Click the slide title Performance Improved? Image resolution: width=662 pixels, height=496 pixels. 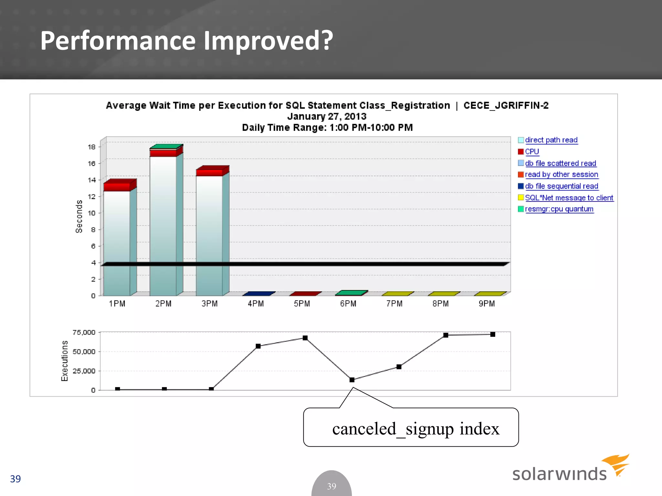click(187, 41)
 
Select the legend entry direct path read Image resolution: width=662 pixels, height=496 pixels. click(551, 140)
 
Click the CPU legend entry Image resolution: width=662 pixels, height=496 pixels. click(532, 151)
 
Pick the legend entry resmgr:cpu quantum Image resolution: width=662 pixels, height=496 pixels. click(559, 209)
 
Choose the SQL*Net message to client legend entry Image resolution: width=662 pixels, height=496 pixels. click(569, 198)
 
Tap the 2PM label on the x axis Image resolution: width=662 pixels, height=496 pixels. click(163, 304)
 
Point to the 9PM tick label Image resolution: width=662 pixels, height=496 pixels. click(486, 304)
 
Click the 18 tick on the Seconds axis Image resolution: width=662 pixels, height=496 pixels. click(92, 147)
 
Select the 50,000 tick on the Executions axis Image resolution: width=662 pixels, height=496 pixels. click(84, 352)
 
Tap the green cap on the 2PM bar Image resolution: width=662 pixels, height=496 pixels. click(166, 146)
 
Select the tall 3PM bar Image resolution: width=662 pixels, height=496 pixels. click(209, 232)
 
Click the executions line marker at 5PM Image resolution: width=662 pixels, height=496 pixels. click(305, 338)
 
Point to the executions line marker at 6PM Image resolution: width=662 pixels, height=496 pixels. click(352, 380)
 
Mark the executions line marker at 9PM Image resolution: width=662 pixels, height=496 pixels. click(493, 335)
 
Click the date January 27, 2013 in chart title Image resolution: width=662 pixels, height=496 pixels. click(327, 116)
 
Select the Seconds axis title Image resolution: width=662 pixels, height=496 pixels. click(79, 216)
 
